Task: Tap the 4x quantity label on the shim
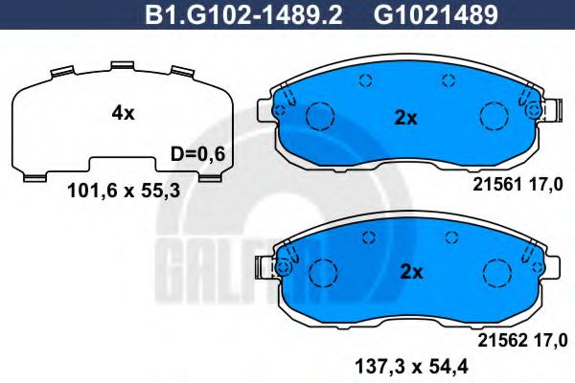(x=123, y=113)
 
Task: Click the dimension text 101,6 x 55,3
(x=124, y=190)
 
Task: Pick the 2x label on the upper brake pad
(x=406, y=119)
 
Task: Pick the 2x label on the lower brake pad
(x=410, y=272)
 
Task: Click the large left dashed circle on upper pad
(x=319, y=117)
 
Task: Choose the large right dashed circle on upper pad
(x=493, y=117)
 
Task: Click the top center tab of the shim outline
(x=122, y=66)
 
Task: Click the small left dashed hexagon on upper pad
(x=363, y=81)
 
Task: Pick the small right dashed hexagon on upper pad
(x=447, y=81)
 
